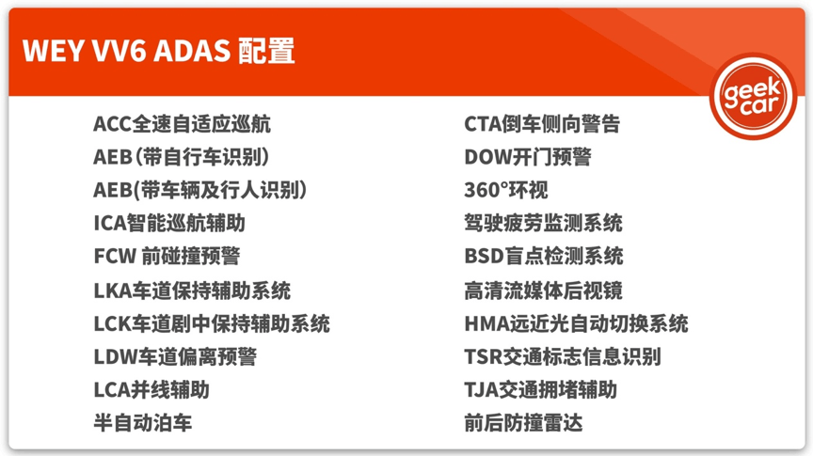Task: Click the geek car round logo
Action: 753,97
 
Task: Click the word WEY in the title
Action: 54,51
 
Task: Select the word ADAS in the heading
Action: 192,51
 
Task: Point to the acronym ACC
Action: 113,124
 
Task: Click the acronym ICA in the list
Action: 110,224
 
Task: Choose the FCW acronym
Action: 115,256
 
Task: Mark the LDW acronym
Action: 115,356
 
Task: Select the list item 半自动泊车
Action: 143,423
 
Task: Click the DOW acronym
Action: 488,157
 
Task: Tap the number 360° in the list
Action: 486,190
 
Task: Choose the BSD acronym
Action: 485,256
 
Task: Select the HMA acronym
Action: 486,323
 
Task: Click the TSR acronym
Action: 484,356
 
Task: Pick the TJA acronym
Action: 482,389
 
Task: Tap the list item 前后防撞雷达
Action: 524,423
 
